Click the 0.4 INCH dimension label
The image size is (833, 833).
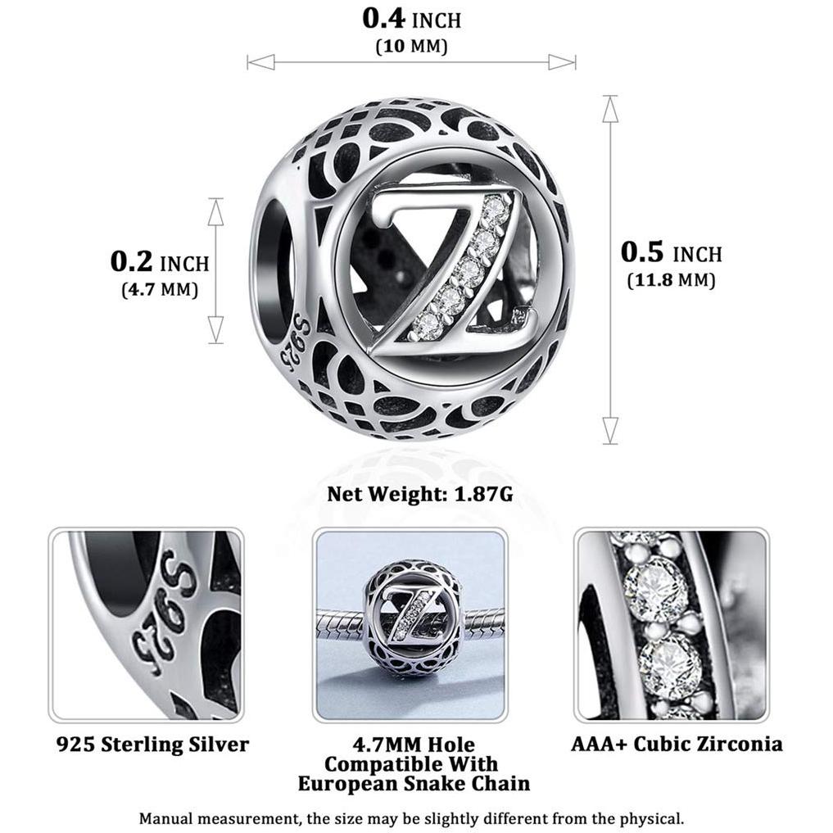tap(412, 19)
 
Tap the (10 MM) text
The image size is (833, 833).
tap(412, 46)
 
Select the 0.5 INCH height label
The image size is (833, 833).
tap(672, 252)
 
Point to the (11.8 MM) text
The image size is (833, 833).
tap(672, 279)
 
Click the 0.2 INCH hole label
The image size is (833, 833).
tap(160, 262)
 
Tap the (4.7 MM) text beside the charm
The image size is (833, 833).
tap(160, 289)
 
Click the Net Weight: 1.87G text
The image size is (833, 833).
tap(420, 494)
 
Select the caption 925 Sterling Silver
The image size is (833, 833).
tap(152, 745)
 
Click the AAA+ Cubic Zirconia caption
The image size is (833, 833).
tap(677, 744)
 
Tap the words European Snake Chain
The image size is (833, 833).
tap(414, 784)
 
